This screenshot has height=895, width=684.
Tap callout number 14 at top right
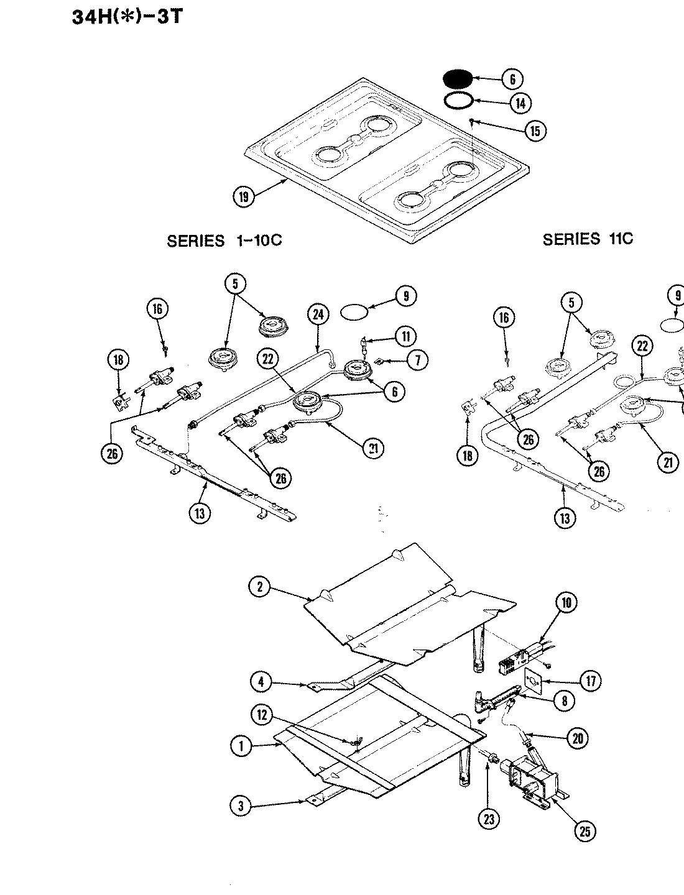click(521, 103)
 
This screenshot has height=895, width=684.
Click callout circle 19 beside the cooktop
click(243, 197)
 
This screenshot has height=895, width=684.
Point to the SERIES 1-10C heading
click(224, 241)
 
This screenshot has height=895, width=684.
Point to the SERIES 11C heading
click(588, 239)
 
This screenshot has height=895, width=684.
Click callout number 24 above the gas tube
click(317, 315)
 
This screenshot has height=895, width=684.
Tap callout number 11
click(405, 337)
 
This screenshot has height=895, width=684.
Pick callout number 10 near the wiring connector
click(566, 602)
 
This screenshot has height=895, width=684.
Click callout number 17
click(590, 681)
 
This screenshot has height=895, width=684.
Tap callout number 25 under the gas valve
click(585, 831)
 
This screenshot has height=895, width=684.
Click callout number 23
click(489, 819)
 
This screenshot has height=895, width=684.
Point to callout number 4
click(262, 682)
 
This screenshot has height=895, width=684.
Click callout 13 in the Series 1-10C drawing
click(199, 513)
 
